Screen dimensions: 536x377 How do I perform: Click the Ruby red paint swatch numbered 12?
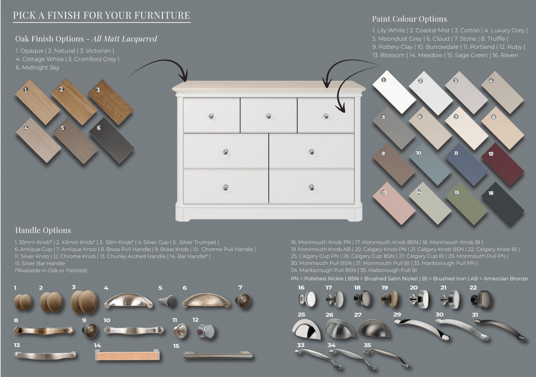pyautogui.click(x=503, y=165)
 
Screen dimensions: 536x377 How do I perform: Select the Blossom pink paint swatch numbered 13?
pyautogui.click(x=394, y=203)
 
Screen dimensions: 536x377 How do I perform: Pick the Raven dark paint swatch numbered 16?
pyautogui.click(x=503, y=203)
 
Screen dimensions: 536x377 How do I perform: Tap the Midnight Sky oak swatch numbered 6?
pyautogui.click(x=112, y=141)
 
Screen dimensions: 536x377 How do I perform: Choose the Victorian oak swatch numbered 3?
pyautogui.click(x=110, y=102)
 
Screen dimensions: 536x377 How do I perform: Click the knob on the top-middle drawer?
pyautogui.click(x=269, y=116)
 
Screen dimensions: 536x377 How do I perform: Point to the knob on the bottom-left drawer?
pyautogui.click(x=226, y=187)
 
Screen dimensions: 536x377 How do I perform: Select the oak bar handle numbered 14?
pyautogui.click(x=128, y=355)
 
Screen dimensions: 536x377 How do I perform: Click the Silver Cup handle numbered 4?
pyautogui.click(x=129, y=301)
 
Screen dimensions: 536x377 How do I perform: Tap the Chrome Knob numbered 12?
pyautogui.click(x=206, y=331)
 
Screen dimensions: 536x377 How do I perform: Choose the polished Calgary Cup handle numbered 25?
pyautogui.click(x=306, y=329)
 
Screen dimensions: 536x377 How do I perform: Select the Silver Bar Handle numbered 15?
pyautogui.click(x=218, y=355)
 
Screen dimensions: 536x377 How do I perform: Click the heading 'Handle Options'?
pyautogui.click(x=43, y=230)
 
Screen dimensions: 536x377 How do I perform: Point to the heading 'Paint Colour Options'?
pyautogui.click(x=409, y=19)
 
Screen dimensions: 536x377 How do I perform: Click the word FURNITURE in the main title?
pyautogui.click(x=162, y=15)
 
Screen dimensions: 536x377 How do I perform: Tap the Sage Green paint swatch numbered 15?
pyautogui.click(x=466, y=203)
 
